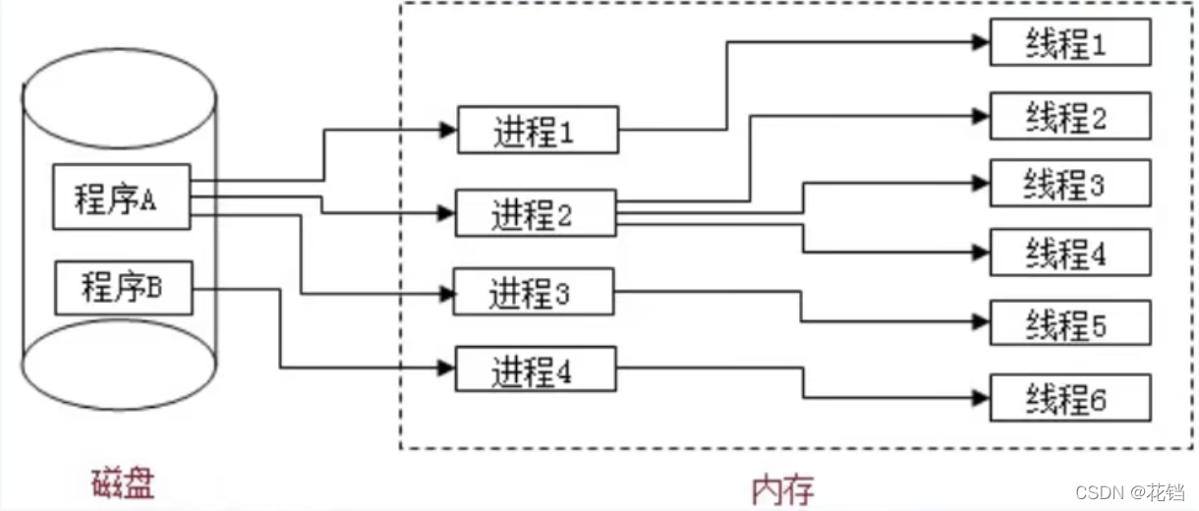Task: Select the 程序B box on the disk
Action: click(124, 287)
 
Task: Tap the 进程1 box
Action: click(538, 129)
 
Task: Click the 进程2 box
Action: click(536, 212)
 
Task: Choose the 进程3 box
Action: click(534, 291)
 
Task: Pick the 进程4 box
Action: click(536, 370)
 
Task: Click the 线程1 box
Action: click(1069, 42)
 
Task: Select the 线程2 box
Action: click(1069, 116)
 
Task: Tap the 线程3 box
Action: click(1069, 183)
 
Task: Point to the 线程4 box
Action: click(1069, 253)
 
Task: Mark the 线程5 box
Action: click(1069, 322)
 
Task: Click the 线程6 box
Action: click(1069, 398)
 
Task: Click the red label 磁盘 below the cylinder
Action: click(124, 483)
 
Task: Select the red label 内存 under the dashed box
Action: click(782, 488)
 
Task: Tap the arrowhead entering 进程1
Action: click(449, 129)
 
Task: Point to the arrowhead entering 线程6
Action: click(980, 398)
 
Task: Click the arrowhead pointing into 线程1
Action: click(980, 42)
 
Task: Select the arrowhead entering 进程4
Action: click(447, 369)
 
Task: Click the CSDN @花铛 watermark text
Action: click(1131, 490)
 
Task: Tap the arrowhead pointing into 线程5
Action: click(980, 321)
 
